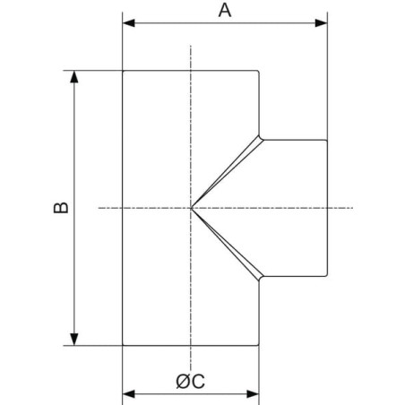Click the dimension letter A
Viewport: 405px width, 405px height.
tap(225, 11)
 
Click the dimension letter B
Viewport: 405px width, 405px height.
tap(61, 208)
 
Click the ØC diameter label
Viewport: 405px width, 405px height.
tap(191, 381)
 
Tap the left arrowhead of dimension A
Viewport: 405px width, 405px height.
tap(128, 23)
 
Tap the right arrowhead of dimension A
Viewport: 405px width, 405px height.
tap(322, 23)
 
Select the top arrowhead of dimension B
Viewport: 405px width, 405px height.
tap(74, 77)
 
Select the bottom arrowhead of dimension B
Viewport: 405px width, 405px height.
tap(74, 340)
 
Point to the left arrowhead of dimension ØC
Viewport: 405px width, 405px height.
tap(129, 394)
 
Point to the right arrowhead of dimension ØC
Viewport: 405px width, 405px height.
tap(253, 394)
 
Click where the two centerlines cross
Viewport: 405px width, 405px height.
tap(191, 208)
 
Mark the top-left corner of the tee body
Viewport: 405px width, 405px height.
tap(123, 71)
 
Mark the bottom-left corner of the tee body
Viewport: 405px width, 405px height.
tap(123, 346)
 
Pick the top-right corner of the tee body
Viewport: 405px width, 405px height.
tap(258, 71)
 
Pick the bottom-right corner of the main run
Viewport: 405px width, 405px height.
tap(258, 345)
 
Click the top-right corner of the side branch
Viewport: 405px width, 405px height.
tap(327, 140)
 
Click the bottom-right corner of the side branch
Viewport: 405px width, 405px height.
tap(327, 276)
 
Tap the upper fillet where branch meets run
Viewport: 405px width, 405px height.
tap(261, 138)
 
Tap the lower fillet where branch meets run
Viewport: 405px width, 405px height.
tap(261, 279)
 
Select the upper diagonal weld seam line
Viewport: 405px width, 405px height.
tap(226, 172)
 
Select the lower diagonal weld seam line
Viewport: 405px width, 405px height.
tap(226, 244)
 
